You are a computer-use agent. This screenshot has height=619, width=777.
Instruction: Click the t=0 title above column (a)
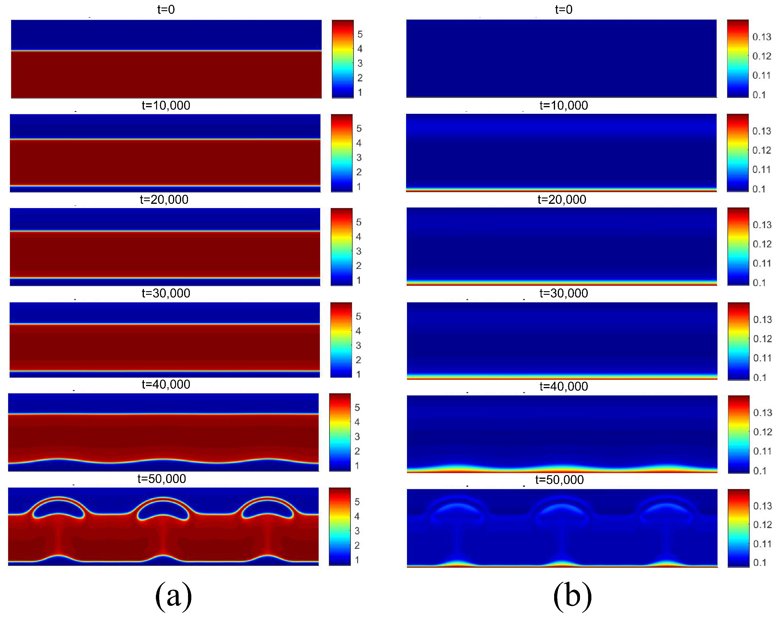click(166, 9)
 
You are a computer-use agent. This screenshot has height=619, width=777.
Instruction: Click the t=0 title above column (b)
click(563, 9)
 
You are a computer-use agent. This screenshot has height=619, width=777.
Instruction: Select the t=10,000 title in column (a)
click(166, 105)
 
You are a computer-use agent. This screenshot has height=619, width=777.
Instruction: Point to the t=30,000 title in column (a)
click(166, 293)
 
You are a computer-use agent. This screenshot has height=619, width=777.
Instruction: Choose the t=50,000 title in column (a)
click(162, 479)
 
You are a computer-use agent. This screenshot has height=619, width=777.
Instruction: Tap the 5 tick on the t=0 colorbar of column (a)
click(360, 34)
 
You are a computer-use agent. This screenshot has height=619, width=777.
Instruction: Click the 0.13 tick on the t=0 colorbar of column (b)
click(761, 37)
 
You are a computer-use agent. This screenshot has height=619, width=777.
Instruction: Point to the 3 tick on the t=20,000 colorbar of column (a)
click(359, 251)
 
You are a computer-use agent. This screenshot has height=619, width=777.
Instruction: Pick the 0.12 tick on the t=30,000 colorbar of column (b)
click(762, 339)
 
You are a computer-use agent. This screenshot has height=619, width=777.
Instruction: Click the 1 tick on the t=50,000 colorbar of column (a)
click(357, 560)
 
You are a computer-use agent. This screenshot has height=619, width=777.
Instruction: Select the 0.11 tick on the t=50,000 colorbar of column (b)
click(762, 543)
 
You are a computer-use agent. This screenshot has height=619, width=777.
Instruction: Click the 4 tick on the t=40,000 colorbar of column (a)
click(357, 422)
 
